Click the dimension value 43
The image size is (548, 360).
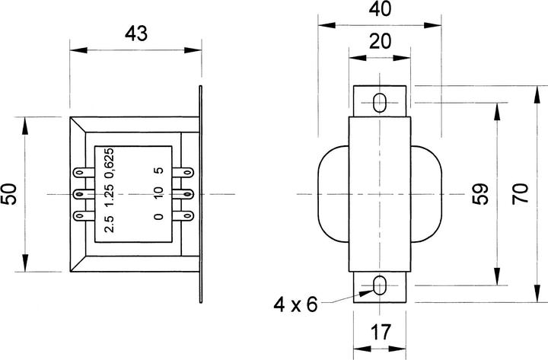pos(135,33)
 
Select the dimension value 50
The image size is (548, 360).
pos(11,195)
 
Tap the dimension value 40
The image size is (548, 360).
pos(379,11)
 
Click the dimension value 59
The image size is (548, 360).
pos(480,195)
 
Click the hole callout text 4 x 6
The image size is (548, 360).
pos(297,305)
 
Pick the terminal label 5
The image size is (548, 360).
pos(158,172)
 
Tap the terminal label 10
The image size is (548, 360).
pos(158,194)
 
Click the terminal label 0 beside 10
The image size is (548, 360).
pos(158,216)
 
